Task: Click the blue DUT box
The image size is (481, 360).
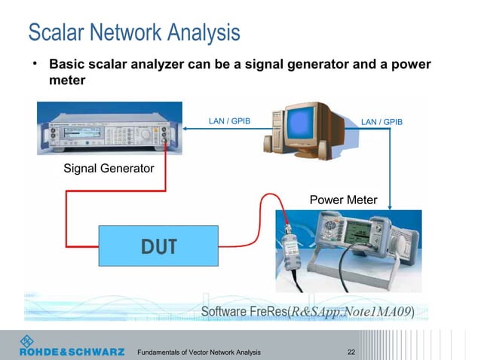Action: pos(158,246)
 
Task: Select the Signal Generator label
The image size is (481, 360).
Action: pos(108,168)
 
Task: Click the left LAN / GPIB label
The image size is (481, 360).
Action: pos(228,121)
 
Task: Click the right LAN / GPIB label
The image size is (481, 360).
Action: pos(381,121)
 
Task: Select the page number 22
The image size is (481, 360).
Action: pos(351,352)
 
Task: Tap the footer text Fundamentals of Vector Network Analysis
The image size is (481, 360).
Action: pos(198,352)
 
